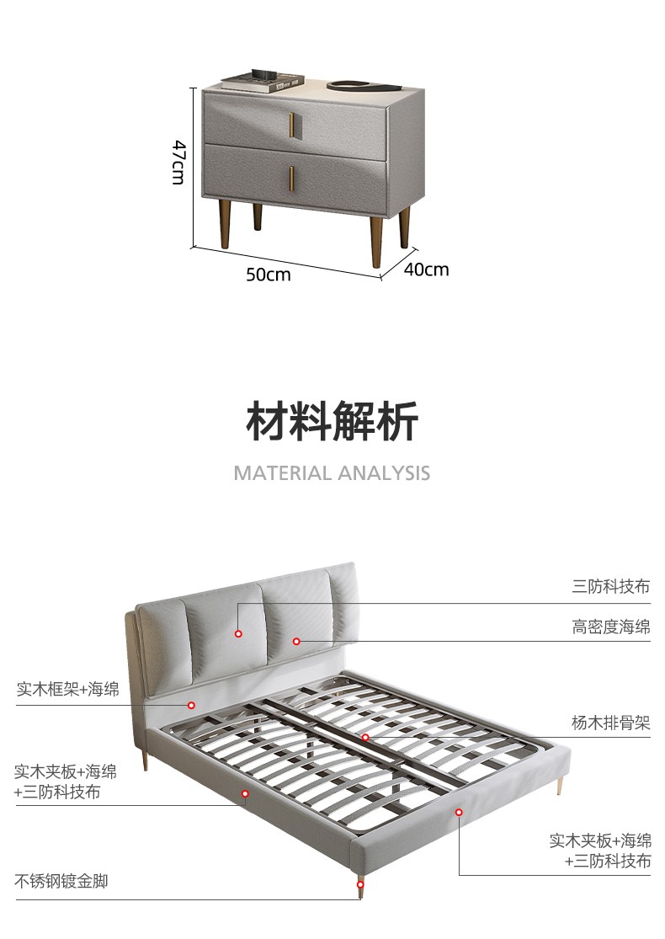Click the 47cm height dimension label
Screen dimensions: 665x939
[x=178, y=163]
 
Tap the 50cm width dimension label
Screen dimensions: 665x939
[x=269, y=275]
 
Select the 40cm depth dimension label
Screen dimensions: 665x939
[x=426, y=269]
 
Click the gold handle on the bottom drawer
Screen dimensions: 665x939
[x=292, y=178]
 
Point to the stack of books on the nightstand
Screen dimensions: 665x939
[x=262, y=81]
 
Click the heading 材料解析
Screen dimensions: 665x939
[x=332, y=421]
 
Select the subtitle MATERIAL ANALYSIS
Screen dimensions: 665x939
[x=332, y=472]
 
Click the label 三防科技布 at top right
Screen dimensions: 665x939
[x=611, y=587]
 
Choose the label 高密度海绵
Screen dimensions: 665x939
[x=611, y=627]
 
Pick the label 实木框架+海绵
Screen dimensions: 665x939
[x=68, y=690]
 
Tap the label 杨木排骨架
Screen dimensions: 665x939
[x=611, y=723]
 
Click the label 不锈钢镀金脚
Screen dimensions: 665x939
[x=61, y=882]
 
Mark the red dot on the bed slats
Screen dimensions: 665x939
[x=365, y=737]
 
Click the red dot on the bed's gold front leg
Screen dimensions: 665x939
[x=361, y=884]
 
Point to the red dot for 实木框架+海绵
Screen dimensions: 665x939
[x=191, y=705]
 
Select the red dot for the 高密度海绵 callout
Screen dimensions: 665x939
[x=296, y=642]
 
